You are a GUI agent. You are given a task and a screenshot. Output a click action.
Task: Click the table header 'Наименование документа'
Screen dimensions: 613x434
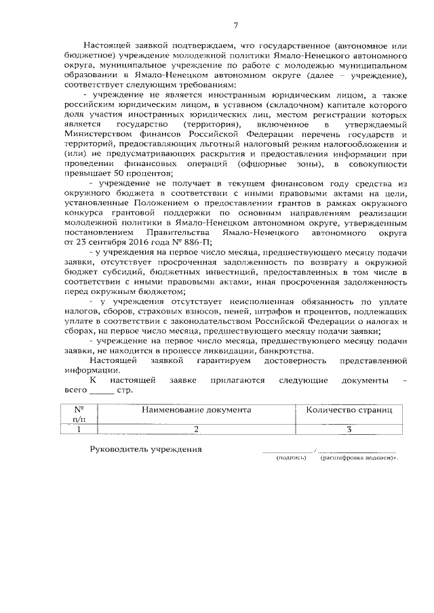tap(196, 410)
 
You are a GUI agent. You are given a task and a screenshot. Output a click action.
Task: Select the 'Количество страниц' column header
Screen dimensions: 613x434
tap(349, 410)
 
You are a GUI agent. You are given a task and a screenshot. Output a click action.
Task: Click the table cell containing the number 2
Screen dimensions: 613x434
tap(196, 428)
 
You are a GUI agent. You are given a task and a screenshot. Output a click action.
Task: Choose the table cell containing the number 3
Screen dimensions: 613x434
tap(349, 428)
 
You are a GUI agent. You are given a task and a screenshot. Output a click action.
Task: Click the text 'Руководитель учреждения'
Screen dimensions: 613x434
tap(146, 450)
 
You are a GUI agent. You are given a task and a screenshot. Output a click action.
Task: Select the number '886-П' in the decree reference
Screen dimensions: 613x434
tap(159, 240)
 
